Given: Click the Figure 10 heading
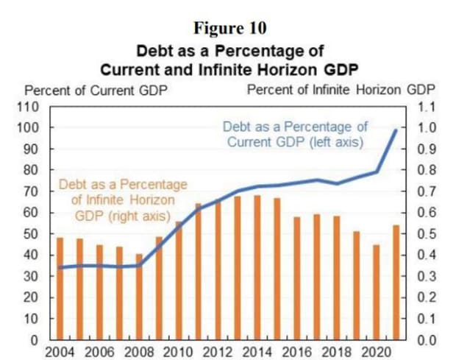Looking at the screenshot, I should (229, 28).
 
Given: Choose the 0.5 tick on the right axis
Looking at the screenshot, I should (427, 234).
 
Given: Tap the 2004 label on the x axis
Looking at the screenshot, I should (60, 351).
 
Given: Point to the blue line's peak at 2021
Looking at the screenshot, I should (396, 130).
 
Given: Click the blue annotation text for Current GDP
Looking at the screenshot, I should (295, 134).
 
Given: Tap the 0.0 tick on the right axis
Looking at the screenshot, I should (427, 341).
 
